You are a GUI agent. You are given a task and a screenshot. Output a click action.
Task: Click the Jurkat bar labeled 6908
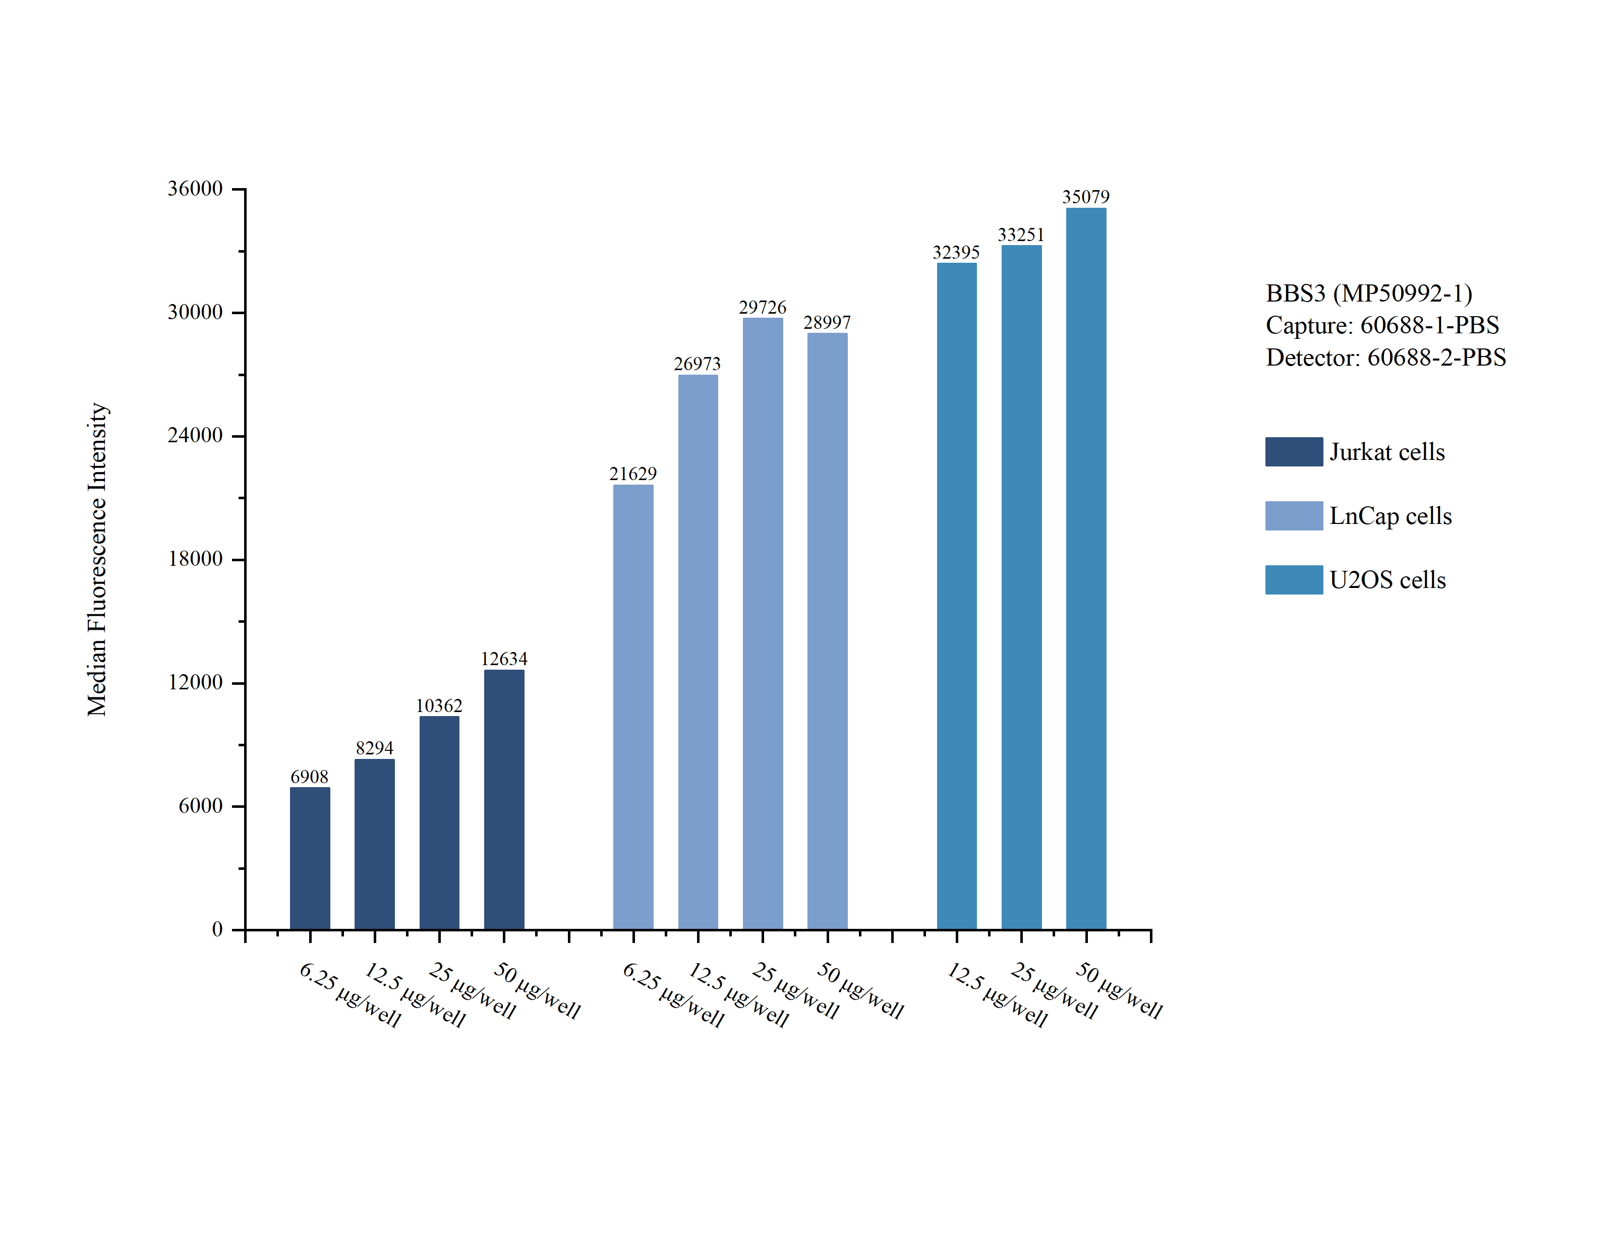click(x=310, y=858)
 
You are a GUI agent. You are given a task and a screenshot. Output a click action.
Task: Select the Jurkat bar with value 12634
click(x=504, y=799)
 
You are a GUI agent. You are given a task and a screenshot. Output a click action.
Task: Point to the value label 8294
click(x=374, y=748)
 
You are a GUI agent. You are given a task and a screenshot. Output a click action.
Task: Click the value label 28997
click(x=827, y=323)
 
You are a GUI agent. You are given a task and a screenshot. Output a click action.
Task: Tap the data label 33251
click(x=1021, y=235)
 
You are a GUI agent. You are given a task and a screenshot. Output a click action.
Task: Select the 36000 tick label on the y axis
click(x=195, y=189)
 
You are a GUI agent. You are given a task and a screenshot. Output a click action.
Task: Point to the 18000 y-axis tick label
click(x=195, y=559)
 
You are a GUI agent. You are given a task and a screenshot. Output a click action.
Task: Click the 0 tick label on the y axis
click(x=217, y=929)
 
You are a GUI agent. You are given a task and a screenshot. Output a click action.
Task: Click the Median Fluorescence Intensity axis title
click(x=97, y=559)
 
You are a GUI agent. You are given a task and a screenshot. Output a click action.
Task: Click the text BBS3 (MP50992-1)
click(x=1369, y=293)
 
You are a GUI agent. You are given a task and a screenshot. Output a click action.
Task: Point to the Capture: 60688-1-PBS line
click(x=1382, y=325)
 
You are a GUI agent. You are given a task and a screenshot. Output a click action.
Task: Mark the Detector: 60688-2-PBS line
click(x=1385, y=358)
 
